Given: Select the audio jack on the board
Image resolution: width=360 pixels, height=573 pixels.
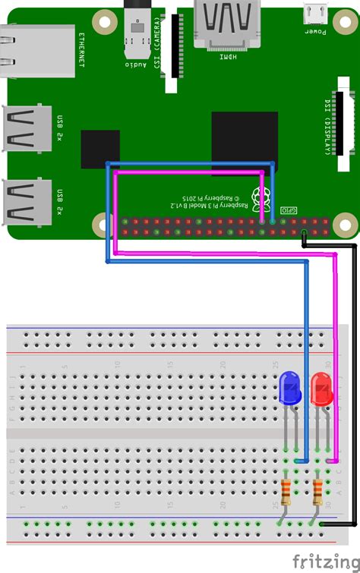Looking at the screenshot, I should (x=137, y=34).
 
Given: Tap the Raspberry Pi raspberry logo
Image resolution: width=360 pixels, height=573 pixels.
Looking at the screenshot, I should (x=263, y=196).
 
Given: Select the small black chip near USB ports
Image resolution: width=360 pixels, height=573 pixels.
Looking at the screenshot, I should (x=99, y=149).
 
